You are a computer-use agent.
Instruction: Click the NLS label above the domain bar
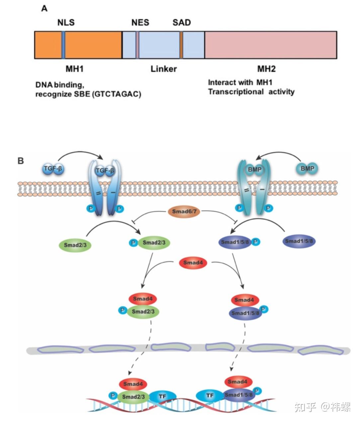[66, 23]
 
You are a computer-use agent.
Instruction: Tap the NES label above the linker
[140, 23]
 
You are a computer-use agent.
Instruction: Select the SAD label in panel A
[182, 23]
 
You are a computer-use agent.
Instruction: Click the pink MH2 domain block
[271, 45]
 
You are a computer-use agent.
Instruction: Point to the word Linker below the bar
[163, 69]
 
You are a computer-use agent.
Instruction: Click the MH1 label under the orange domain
[74, 69]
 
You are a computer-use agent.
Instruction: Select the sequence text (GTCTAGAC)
[117, 94]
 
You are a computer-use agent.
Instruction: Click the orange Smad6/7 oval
[184, 211]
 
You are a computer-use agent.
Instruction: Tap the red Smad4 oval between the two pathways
[193, 263]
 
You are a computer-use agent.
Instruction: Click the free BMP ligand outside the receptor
[307, 168]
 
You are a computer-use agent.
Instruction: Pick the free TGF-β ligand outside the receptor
[53, 169]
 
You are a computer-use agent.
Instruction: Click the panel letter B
[21, 161]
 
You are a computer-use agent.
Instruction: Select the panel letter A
[44, 9]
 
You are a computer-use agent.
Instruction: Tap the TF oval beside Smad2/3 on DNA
[162, 396]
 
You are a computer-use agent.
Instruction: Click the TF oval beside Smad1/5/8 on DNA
[210, 395]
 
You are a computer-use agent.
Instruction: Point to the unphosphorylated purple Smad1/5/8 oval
[299, 241]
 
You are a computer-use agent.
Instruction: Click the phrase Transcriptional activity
[251, 92]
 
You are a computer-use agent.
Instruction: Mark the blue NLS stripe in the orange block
[63, 45]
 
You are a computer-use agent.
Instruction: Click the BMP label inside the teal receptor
[254, 169]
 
